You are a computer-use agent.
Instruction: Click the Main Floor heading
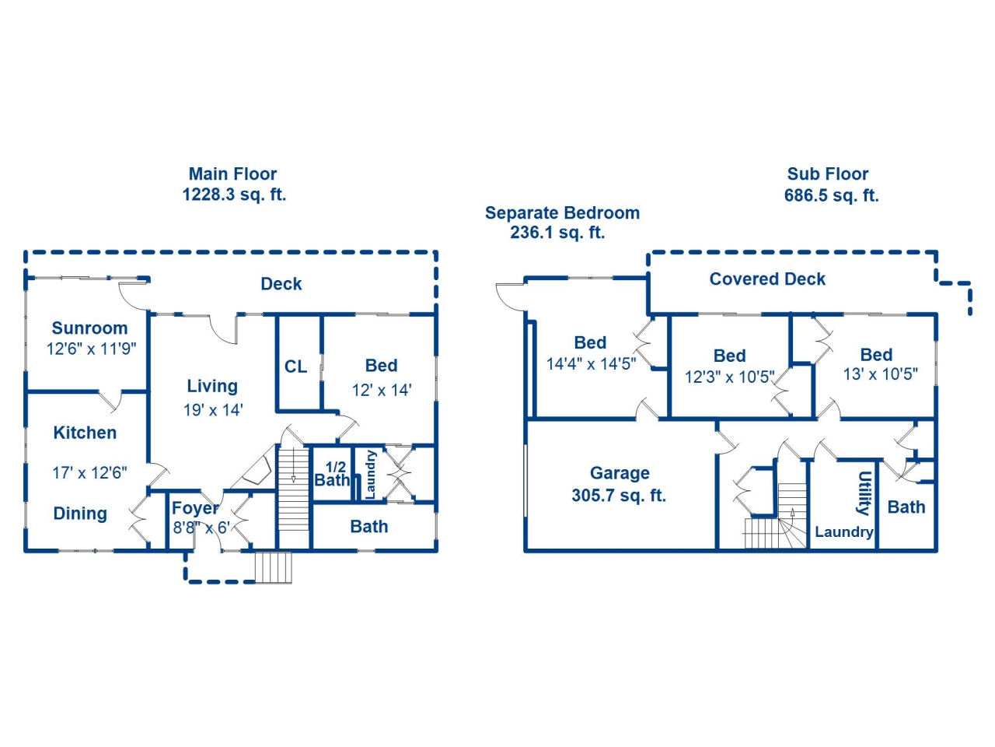tap(232, 174)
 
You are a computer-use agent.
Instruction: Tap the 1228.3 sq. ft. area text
tap(234, 195)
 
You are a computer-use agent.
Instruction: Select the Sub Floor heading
tap(827, 174)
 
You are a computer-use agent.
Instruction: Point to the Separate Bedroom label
tap(562, 212)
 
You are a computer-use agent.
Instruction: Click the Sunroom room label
tap(89, 328)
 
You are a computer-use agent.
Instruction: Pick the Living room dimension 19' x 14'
tap(213, 410)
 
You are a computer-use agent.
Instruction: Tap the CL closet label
tap(295, 366)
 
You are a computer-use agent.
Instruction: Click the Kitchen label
tap(85, 433)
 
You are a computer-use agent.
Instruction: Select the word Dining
tap(80, 514)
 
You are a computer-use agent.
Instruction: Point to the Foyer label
tap(195, 508)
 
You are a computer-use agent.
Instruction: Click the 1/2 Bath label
tap(332, 474)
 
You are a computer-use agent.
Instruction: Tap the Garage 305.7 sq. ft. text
tap(620, 485)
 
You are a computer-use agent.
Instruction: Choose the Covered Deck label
tap(767, 279)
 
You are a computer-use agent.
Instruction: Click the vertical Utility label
tap(864, 493)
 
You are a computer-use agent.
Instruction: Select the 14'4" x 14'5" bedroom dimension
tap(591, 363)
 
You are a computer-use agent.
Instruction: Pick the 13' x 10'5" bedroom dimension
tap(880, 374)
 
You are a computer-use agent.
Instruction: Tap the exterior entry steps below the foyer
tap(273, 567)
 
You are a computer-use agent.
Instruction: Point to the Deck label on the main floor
tap(281, 284)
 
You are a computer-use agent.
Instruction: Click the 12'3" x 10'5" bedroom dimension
tap(730, 377)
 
